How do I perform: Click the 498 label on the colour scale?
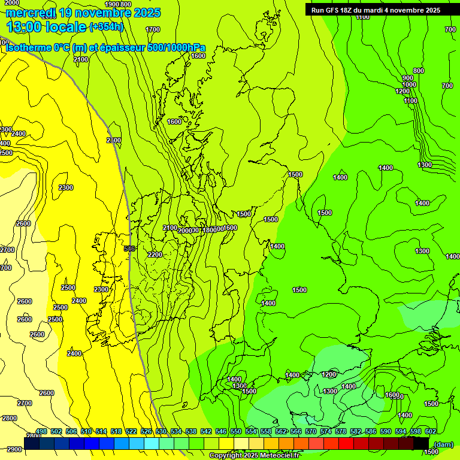[41, 431]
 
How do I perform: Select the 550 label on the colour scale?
[236, 431]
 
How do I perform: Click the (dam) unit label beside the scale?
[443, 444]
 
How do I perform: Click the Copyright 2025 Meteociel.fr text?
[255, 456]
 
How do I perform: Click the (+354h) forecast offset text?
[106, 27]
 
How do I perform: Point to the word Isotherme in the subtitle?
[28, 48]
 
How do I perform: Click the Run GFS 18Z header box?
[376, 10]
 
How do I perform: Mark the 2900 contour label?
[14, 449]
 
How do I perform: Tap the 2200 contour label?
[155, 255]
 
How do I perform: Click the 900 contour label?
[408, 78]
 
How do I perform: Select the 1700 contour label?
[153, 29]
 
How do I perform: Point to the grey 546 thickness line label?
[129, 248]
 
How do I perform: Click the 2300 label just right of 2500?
[101, 289]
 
